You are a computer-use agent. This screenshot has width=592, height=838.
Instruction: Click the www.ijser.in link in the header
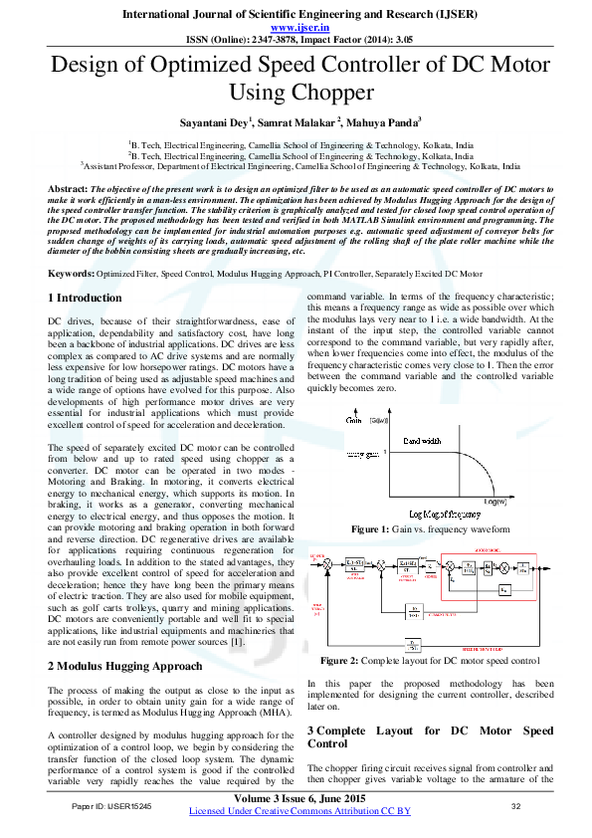[x=296, y=28]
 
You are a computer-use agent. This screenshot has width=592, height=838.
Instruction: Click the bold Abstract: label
[x=70, y=188]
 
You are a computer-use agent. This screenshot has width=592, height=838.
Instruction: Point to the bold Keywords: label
[x=72, y=273]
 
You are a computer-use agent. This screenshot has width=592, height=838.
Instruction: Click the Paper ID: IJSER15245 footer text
[x=112, y=805]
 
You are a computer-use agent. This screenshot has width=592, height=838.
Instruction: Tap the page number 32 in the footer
[x=515, y=805]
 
